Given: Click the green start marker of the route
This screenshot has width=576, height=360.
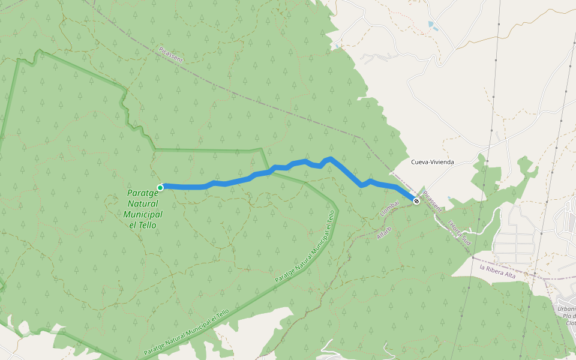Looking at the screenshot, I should [x=160, y=188].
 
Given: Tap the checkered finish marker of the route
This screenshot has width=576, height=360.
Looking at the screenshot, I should [x=416, y=201].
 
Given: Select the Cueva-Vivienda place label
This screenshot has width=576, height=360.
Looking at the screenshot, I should [x=432, y=162].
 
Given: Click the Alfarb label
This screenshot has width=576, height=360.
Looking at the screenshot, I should [x=384, y=233].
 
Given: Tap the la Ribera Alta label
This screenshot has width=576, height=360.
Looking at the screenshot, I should [x=497, y=271].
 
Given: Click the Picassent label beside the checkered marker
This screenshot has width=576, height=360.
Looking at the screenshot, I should [x=432, y=202].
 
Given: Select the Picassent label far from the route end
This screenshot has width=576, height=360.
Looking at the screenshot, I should [x=170, y=55].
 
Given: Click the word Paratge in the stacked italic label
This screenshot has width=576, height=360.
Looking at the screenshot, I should [x=143, y=193].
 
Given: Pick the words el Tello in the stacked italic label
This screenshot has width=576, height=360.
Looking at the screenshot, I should [x=143, y=225].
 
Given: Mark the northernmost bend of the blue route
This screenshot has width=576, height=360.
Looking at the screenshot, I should [x=330, y=158].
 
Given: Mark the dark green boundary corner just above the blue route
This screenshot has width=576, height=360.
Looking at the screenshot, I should [x=262, y=150].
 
